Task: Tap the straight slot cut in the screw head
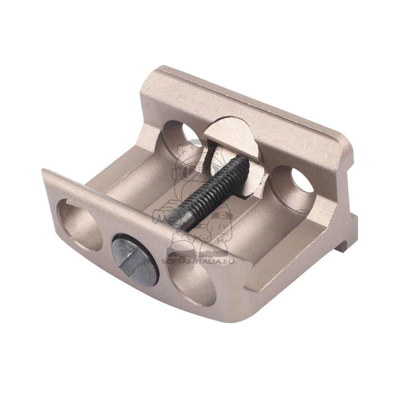coord(135,260)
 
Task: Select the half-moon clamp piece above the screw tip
coord(230,135)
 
